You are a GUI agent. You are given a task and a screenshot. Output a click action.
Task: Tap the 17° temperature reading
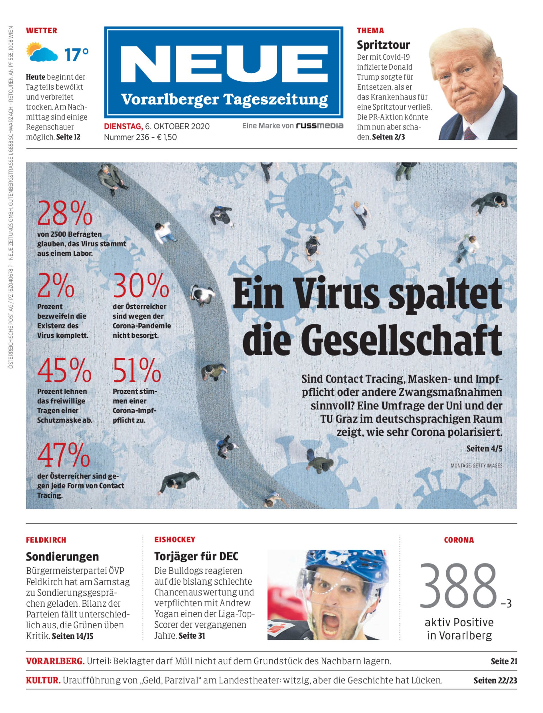[76, 54]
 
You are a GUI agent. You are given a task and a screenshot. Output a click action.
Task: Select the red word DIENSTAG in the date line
[123, 126]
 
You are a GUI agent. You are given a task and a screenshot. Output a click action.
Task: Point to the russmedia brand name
[319, 126]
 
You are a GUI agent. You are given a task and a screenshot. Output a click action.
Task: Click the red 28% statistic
[65, 213]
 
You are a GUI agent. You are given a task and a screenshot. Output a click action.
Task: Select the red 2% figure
[56, 286]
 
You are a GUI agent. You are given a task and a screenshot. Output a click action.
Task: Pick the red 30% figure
[141, 286]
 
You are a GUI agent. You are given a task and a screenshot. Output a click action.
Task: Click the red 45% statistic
[64, 370]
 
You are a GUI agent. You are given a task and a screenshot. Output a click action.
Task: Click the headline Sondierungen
[62, 556]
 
